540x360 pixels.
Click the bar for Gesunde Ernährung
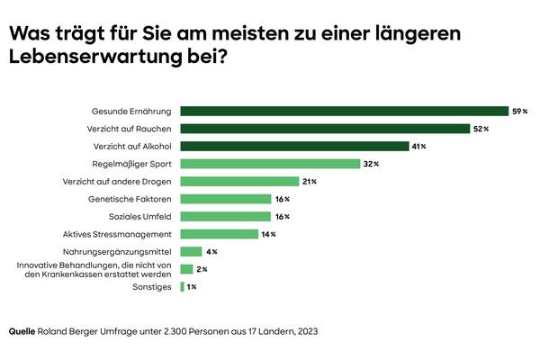(344, 112)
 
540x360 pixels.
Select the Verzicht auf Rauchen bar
(325, 129)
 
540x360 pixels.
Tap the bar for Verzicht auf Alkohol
(293, 146)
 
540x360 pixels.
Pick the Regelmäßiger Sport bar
(270, 164)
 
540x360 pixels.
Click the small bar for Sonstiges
(183, 286)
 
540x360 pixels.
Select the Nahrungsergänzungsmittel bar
(191, 251)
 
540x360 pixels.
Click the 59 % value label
(519, 112)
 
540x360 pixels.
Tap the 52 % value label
(481, 129)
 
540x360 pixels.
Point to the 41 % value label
(418, 146)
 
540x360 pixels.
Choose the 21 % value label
(310, 181)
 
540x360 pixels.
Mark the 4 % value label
(211, 251)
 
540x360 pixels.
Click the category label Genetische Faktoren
(130, 199)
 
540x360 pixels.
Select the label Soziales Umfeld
(139, 216)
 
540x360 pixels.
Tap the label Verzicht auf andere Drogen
(120, 181)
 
